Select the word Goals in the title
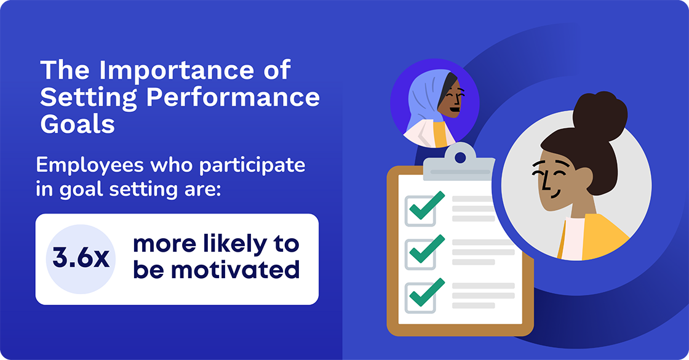click(x=78, y=124)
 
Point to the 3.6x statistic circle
click(x=81, y=258)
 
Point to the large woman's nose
click(x=541, y=182)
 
